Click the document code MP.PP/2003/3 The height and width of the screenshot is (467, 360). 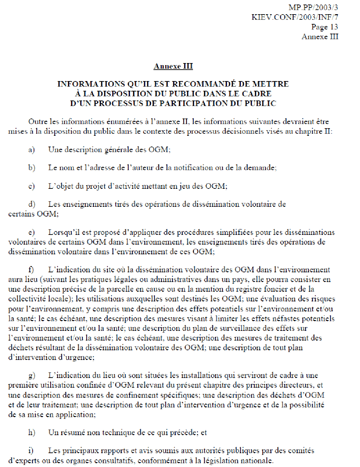pos(313,7)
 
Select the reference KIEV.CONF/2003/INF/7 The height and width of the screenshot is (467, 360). pos(295,17)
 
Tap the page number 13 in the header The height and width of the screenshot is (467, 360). pos(334,27)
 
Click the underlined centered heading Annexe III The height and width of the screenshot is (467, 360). pos(173,66)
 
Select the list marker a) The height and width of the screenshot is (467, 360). pos(32,150)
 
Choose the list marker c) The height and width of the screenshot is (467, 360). pos(32,186)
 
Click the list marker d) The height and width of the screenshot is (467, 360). pos(32,204)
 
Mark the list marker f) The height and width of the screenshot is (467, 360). pos(31,270)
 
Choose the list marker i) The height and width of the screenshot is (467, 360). pos(31,451)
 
